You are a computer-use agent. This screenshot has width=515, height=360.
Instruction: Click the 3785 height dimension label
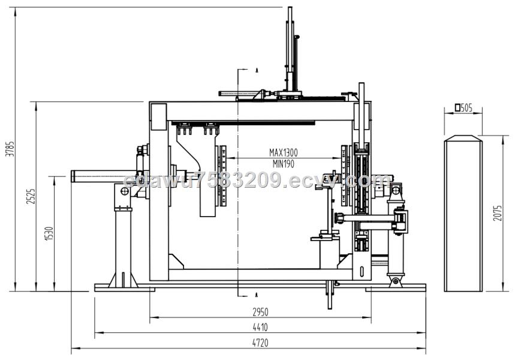(11, 149)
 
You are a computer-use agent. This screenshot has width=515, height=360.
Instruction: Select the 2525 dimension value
(31, 196)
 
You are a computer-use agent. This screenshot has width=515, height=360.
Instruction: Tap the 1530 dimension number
(49, 233)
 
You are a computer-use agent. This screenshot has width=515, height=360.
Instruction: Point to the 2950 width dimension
(260, 311)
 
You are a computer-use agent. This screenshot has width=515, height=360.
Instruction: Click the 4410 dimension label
(260, 327)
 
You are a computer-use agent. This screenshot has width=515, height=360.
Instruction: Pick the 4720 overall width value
(260, 343)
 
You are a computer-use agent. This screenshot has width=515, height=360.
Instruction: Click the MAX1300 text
(284, 152)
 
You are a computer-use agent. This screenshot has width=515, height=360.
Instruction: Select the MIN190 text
(284, 163)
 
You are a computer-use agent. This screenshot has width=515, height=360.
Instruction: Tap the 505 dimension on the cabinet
(466, 107)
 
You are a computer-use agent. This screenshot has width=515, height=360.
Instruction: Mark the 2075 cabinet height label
(498, 213)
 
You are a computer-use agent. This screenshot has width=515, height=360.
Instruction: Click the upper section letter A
(257, 70)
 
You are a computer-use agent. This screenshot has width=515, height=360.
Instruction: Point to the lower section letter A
(257, 295)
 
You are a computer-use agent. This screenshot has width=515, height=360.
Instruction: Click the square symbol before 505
(457, 107)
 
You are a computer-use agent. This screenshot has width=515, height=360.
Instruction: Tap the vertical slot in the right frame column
(362, 271)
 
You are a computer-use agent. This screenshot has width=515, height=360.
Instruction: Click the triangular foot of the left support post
(123, 280)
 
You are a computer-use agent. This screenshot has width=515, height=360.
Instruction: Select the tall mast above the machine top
(290, 49)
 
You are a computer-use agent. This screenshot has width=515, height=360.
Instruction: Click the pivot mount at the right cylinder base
(396, 282)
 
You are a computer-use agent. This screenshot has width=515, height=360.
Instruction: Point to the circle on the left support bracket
(125, 191)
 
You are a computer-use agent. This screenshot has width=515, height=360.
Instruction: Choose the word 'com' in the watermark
(375, 181)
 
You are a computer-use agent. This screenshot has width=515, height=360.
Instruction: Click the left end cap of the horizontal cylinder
(73, 176)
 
